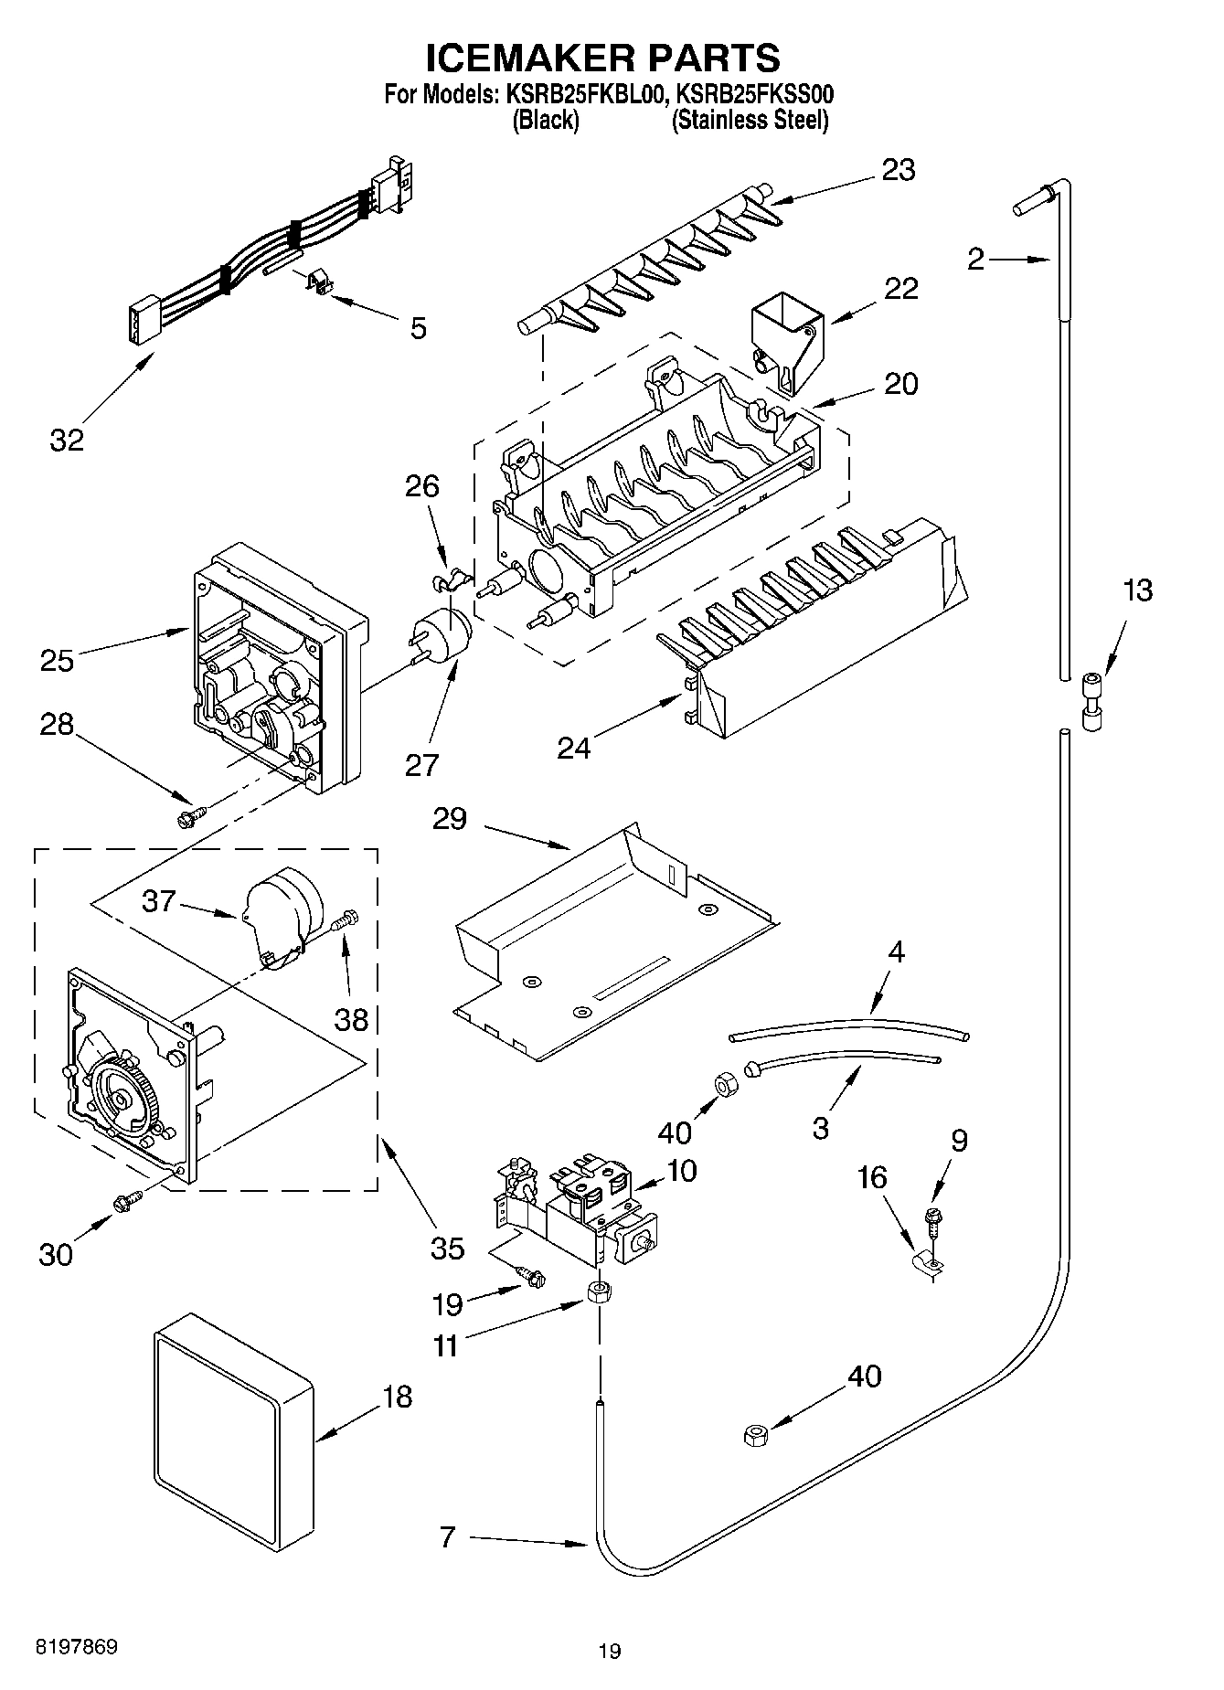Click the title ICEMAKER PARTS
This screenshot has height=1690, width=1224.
tap(603, 57)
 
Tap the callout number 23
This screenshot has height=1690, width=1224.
tap(898, 170)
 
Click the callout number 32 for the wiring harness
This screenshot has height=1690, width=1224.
tap(67, 440)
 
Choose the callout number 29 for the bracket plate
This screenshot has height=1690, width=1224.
tap(450, 818)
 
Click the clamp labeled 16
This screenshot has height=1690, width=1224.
tap(929, 1262)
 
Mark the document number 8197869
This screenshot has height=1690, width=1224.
tap(76, 1647)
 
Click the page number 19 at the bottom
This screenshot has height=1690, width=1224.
tap(610, 1651)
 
